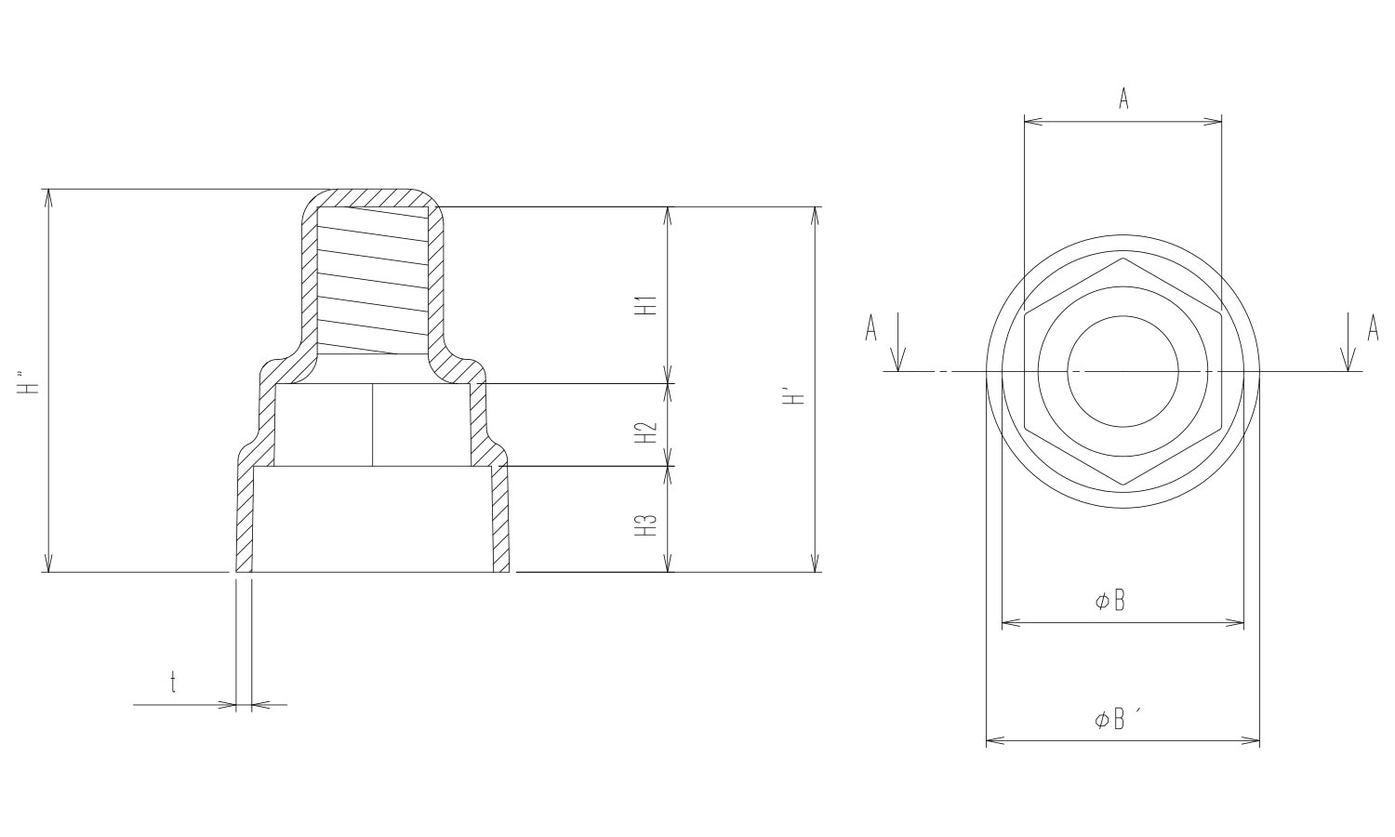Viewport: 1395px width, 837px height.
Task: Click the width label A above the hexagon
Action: click(1123, 98)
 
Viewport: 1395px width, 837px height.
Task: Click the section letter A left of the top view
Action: click(870, 328)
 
